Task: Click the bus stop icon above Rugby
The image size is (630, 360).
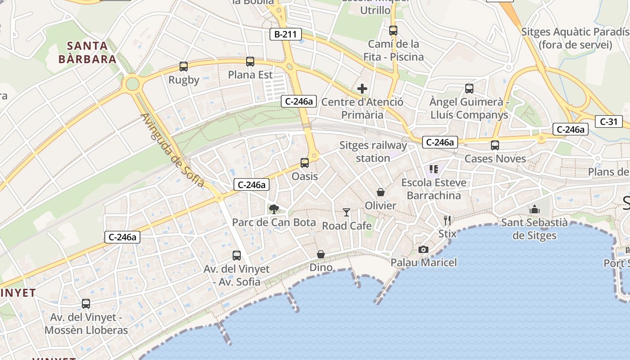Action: [184, 67]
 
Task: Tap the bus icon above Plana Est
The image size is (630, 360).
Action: [250, 62]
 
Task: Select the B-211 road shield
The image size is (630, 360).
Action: [285, 34]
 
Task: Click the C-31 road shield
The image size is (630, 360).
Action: [609, 121]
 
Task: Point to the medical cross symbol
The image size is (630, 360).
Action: [362, 89]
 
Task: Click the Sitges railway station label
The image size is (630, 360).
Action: [373, 152]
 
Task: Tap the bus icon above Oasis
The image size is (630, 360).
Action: [305, 163]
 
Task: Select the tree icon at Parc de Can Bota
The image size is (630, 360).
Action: [274, 209]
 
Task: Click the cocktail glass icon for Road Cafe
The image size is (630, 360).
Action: [346, 212]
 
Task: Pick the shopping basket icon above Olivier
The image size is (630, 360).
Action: [381, 192]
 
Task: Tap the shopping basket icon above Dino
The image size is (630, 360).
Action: [321, 254]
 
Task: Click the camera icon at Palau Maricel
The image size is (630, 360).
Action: [423, 249]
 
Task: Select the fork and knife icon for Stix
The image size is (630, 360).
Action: [447, 220]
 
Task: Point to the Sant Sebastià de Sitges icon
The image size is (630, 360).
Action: [535, 209]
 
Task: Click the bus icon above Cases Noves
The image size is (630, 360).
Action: [495, 145]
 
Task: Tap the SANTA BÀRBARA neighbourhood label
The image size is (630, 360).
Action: [87, 52]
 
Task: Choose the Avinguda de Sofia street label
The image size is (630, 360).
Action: [173, 150]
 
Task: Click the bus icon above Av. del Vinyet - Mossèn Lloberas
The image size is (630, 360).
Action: [86, 304]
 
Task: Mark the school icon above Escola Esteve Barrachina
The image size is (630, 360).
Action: [434, 169]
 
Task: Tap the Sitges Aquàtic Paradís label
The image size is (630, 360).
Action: [575, 38]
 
